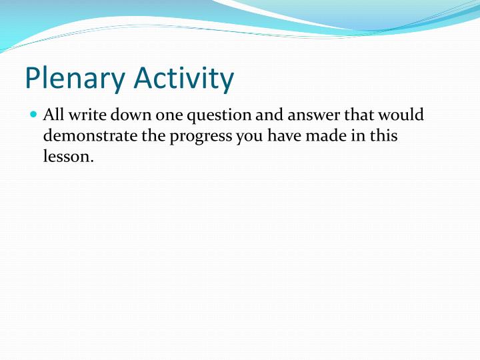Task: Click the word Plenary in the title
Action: (75, 78)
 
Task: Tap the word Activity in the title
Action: (184, 78)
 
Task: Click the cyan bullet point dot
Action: (34, 115)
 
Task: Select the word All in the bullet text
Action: (53, 115)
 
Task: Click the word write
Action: (87, 115)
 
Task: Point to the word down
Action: (131, 115)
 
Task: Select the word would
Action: (401, 115)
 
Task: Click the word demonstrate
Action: (90, 136)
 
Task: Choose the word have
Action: (285, 135)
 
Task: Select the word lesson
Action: (68, 157)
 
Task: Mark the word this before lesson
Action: (384, 135)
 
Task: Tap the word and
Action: (269, 115)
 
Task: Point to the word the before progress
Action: (153, 135)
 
